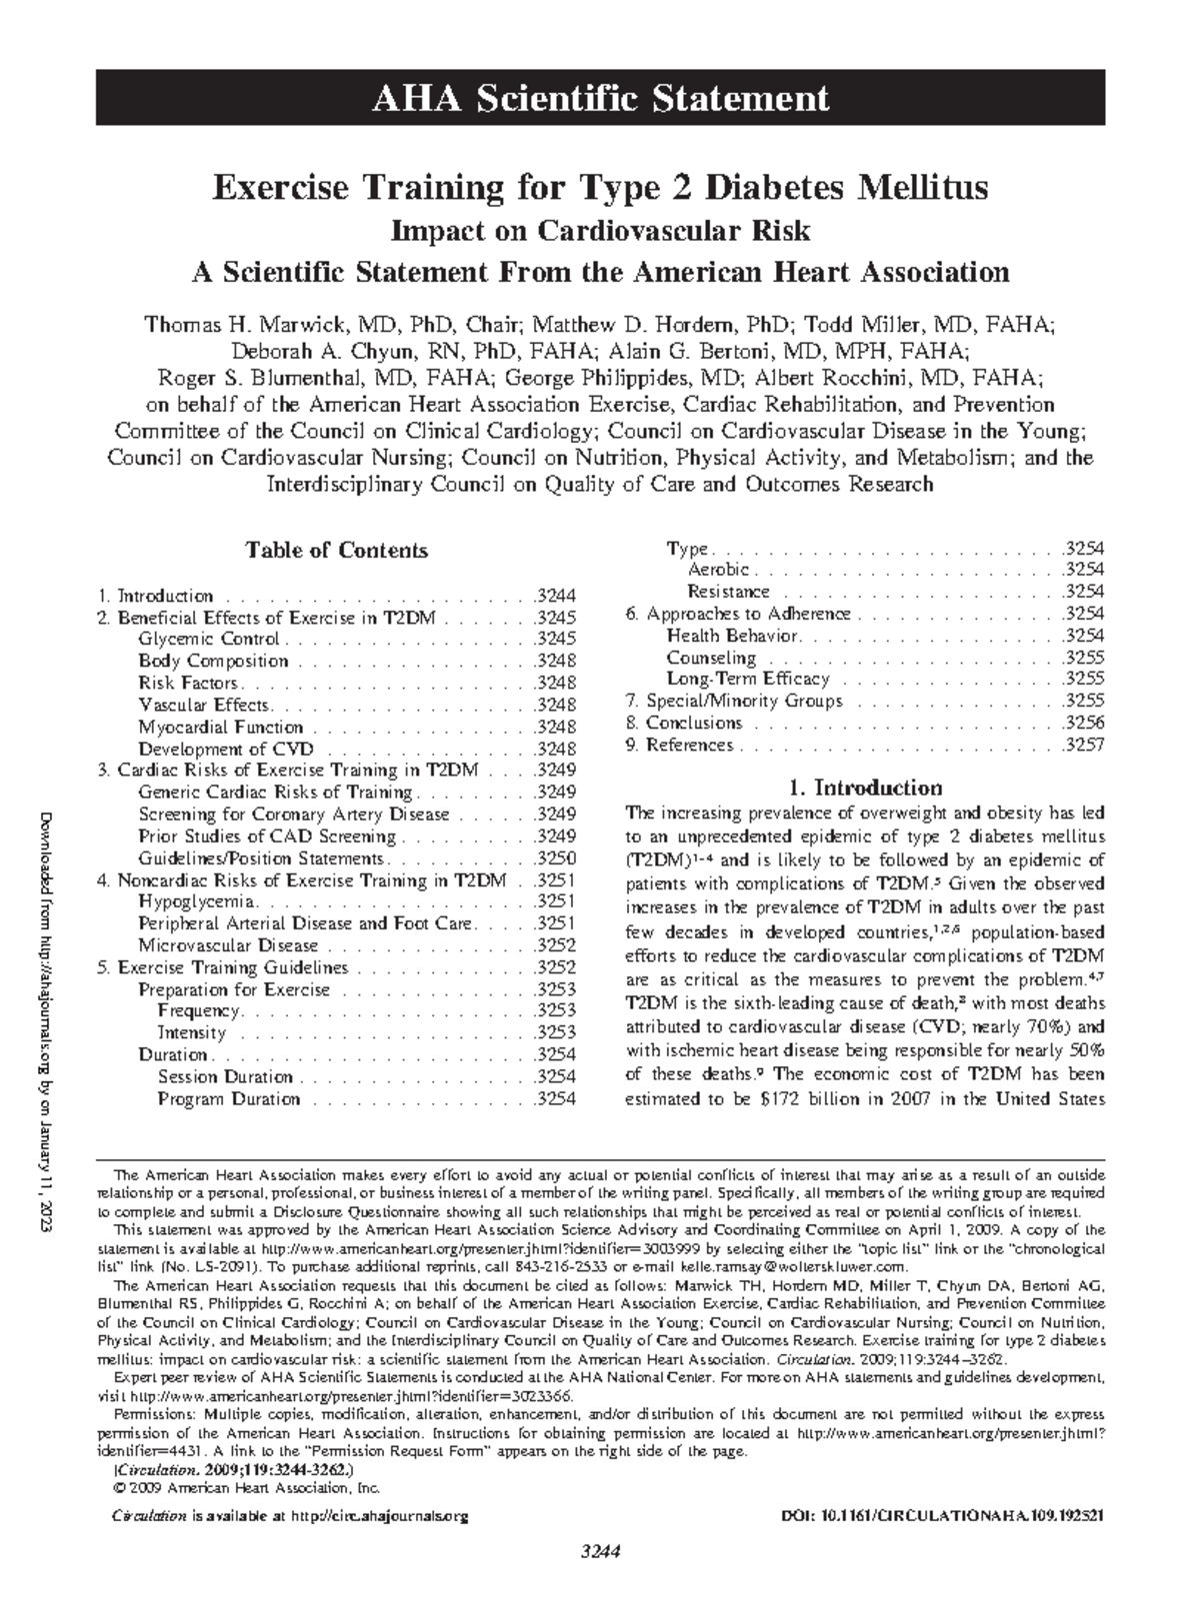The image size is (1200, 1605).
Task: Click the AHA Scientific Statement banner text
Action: [x=600, y=98]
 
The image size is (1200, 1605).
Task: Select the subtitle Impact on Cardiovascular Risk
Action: [x=600, y=230]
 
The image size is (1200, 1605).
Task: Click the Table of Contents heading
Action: [x=337, y=551]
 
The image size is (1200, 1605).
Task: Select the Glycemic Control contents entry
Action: [x=209, y=640]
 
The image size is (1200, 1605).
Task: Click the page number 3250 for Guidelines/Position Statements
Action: [x=555, y=858]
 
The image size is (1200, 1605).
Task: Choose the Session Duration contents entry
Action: [x=225, y=1076]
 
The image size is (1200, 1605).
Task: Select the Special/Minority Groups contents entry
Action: [x=744, y=702]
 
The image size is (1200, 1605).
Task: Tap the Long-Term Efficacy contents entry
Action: [x=748, y=680]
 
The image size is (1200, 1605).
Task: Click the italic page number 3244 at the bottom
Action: [x=600, y=1552]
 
